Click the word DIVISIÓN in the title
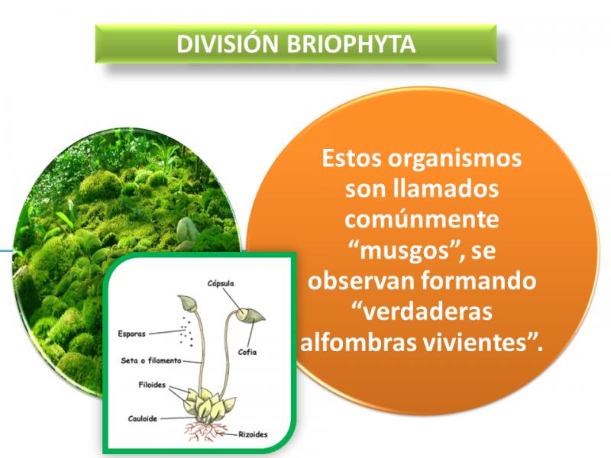(x=227, y=44)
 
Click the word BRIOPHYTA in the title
(x=351, y=44)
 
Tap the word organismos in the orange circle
(x=454, y=160)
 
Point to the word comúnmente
(x=422, y=220)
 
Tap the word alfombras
(x=357, y=343)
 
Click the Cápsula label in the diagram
(x=221, y=283)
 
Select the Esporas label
(x=131, y=334)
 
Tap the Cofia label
(x=247, y=352)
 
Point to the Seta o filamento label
(x=150, y=361)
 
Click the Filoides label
(x=152, y=385)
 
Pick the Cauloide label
(x=142, y=419)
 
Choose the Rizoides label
(x=253, y=434)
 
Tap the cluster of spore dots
(x=186, y=332)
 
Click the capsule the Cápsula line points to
(x=250, y=314)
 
